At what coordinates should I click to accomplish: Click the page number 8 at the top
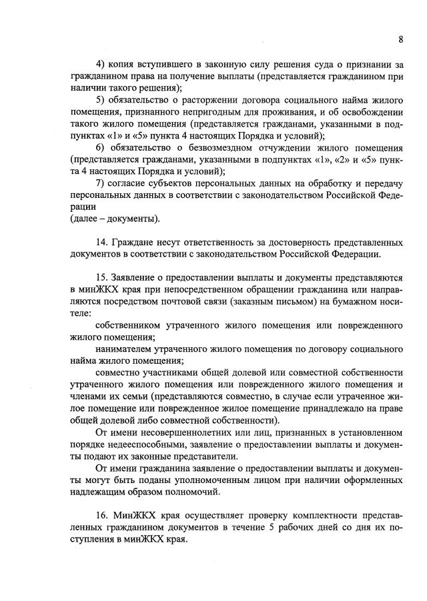(400, 39)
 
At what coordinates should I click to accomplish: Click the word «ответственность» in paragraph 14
(217, 242)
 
